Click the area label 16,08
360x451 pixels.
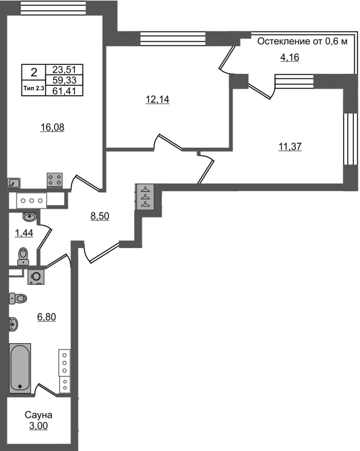pyautogui.click(x=52, y=127)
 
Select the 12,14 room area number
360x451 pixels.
pyautogui.click(x=158, y=100)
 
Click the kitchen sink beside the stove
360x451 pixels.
pyautogui.click(x=15, y=183)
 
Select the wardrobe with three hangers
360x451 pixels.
pyautogui.click(x=145, y=197)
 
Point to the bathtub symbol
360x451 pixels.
pyautogui.click(x=20, y=367)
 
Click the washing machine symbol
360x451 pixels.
pyautogui.click(x=36, y=277)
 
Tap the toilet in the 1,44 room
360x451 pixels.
pyautogui.click(x=23, y=256)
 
